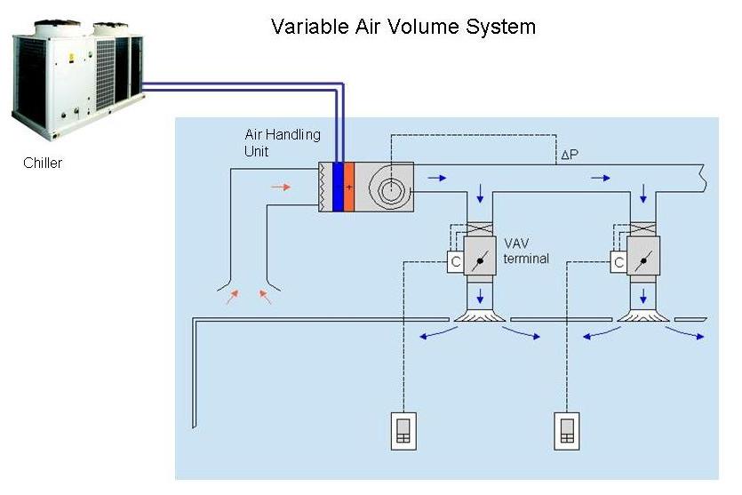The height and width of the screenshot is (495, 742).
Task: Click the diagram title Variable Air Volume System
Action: (403, 27)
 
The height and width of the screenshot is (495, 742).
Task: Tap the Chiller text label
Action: (43, 164)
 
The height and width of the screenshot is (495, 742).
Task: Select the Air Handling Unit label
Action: (283, 142)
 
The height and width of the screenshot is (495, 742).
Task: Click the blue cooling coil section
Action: (338, 187)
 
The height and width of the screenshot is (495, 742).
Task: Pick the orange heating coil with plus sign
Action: (348, 187)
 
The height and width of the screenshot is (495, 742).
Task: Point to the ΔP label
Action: (570, 155)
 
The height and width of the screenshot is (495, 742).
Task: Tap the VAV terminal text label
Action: (526, 251)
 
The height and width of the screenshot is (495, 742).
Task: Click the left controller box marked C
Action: (456, 261)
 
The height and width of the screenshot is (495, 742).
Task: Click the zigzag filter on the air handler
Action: (325, 187)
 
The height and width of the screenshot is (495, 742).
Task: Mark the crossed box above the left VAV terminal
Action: (480, 229)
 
